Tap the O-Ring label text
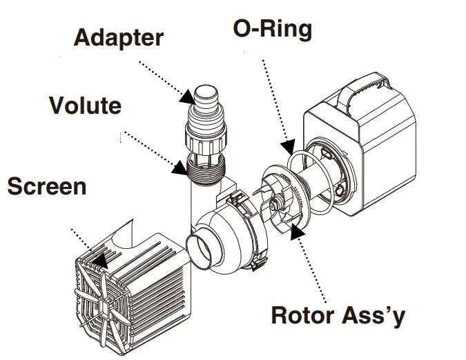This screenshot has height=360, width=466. click(272, 29)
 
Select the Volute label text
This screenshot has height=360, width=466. click(85, 106)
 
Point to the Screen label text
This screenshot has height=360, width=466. click(47, 186)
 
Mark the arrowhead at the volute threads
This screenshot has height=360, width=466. click(181, 165)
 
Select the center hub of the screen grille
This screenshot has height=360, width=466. click(105, 303)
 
